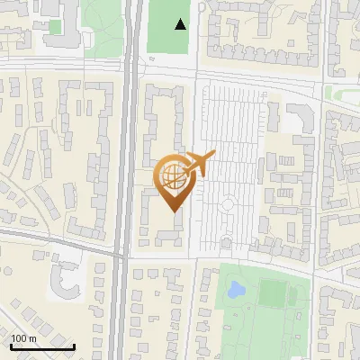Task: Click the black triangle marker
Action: pyautogui.click(x=181, y=25)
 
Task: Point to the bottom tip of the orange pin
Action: pyautogui.click(x=175, y=212)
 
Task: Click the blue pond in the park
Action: pyautogui.click(x=236, y=290)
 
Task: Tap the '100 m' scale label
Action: pyautogui.click(x=23, y=338)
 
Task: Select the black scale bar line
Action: pyautogui.click(x=42, y=346)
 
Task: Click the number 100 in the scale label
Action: pyautogui.click(x=19, y=338)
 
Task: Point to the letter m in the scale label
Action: pyautogui.click(x=33, y=339)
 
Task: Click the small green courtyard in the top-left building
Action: pyautogui.click(x=56, y=27)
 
